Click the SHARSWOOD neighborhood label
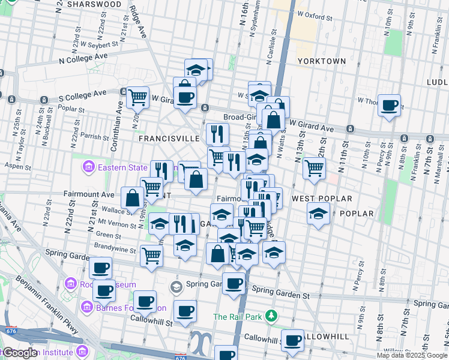coord(94,4)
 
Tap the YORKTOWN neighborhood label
coord(322,61)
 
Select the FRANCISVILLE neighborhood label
coord(169,138)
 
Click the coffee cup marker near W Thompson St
coord(390,106)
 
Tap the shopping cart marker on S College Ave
coord(138,96)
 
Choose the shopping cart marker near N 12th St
coord(314,168)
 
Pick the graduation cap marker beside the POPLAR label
coord(318,213)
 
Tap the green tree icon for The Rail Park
coord(271,315)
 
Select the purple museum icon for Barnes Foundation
coord(87,308)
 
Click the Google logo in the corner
coord(20,353)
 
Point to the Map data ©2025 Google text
coord(411,355)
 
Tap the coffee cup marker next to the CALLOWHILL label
coord(292,340)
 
